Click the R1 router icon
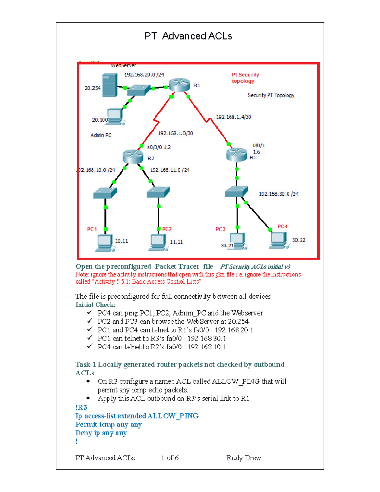click(x=180, y=85)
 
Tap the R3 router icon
click(x=237, y=154)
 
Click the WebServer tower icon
click(x=110, y=85)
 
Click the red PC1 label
click(x=92, y=229)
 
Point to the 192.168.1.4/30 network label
click(x=233, y=117)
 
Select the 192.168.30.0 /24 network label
click(x=279, y=194)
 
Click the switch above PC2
click(x=158, y=192)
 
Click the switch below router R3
click(x=236, y=192)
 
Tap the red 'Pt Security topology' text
click(x=245, y=78)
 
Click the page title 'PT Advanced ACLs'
click(x=188, y=36)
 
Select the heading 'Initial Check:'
click(x=95, y=305)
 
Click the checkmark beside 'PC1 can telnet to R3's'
click(x=90, y=338)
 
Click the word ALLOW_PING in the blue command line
click(x=173, y=416)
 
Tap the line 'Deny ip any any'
click(x=101, y=433)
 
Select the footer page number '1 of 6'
click(x=170, y=458)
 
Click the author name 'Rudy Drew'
click(x=244, y=458)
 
